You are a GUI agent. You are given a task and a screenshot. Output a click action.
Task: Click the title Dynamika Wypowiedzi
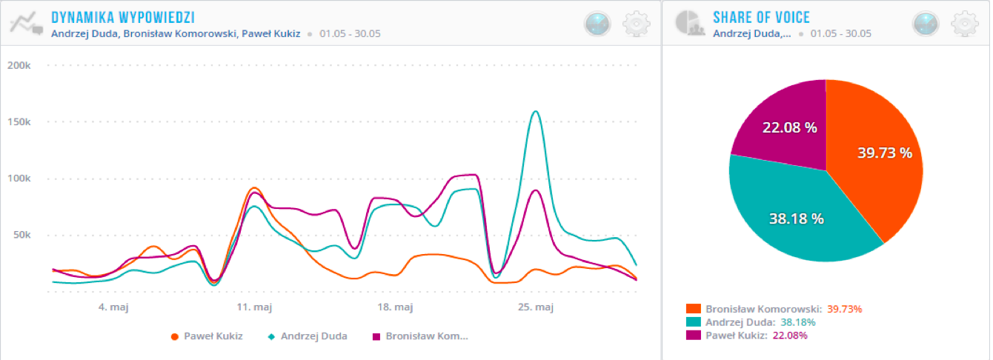pyautogui.click(x=122, y=16)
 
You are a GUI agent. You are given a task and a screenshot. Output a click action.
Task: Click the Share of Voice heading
pyautogui.click(x=761, y=16)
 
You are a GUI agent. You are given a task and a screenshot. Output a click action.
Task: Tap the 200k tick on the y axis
pyautogui.click(x=19, y=65)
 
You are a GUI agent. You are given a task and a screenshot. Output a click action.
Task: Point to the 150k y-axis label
pyautogui.click(x=19, y=121)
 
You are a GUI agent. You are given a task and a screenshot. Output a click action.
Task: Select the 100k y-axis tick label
pyautogui.click(x=19, y=179)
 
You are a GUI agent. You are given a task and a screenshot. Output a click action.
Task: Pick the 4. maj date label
pyautogui.click(x=113, y=307)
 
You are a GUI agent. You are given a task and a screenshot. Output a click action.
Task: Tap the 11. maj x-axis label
pyautogui.click(x=253, y=307)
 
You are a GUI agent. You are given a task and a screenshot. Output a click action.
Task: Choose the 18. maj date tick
pyautogui.click(x=394, y=307)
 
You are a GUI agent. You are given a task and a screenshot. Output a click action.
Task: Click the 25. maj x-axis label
pyautogui.click(x=535, y=307)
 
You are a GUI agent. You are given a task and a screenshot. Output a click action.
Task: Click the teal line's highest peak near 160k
pyautogui.click(x=535, y=112)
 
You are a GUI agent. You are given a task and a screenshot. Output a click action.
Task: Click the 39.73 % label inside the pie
pyautogui.click(x=884, y=153)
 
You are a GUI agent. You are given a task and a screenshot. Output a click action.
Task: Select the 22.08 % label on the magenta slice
pyautogui.click(x=789, y=127)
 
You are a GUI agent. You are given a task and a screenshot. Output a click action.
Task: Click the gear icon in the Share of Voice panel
pyautogui.click(x=963, y=24)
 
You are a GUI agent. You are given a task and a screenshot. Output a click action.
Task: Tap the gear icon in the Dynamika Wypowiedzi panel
pyautogui.click(x=637, y=24)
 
